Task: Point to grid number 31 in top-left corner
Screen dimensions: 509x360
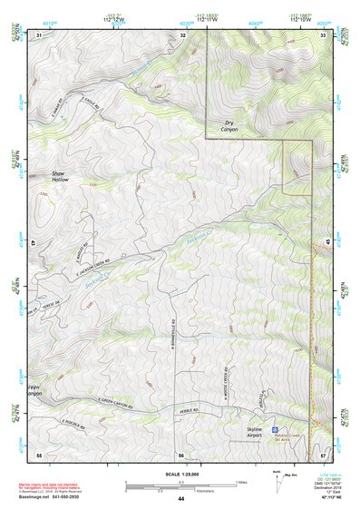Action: (39, 34)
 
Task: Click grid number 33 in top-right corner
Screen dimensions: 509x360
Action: (323, 34)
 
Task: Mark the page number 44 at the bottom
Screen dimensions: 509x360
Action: (180, 499)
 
